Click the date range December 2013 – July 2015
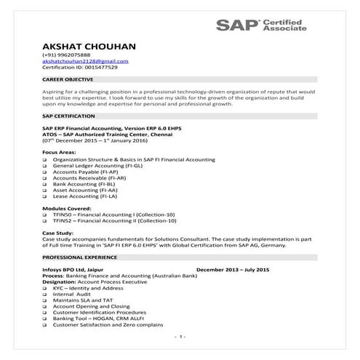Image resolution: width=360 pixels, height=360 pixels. click(x=233, y=270)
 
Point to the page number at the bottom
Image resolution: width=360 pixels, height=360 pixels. click(x=180, y=336)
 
